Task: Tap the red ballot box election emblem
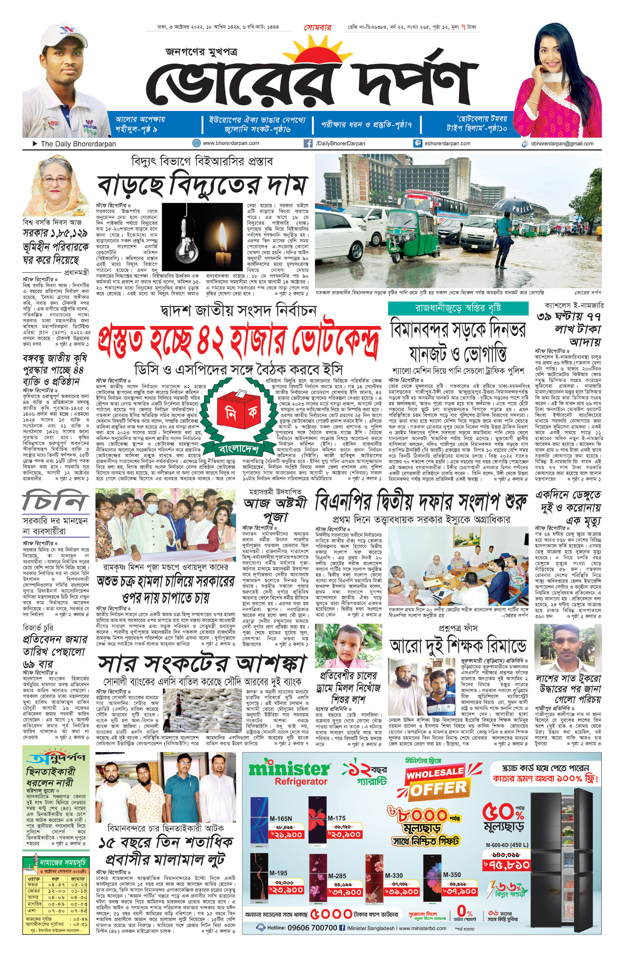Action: pyautogui.click(x=239, y=412)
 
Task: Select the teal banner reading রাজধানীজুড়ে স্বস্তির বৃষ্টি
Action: pyautogui.click(x=458, y=308)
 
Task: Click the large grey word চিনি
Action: pyautogui.click(x=54, y=501)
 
